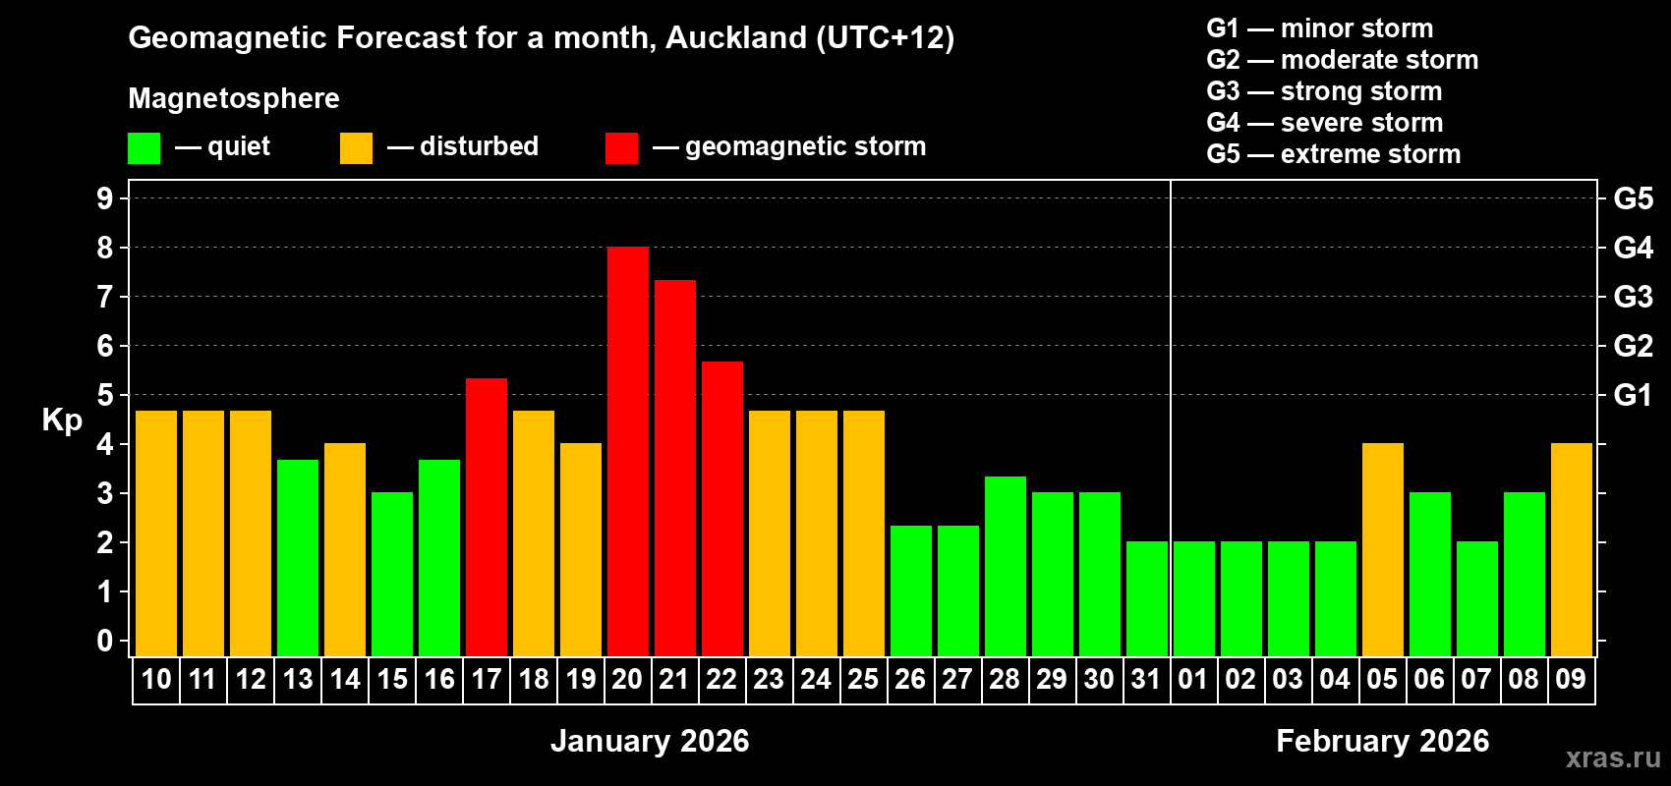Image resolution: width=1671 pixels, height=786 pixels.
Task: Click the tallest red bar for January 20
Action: click(x=627, y=452)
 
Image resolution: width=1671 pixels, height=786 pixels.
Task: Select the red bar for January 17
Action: click(x=486, y=517)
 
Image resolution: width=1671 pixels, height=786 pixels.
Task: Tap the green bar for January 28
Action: click(x=1005, y=566)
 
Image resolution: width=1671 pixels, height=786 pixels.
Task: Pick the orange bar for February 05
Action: click(x=1382, y=549)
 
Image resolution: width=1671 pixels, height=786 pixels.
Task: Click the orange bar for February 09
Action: click(x=1571, y=549)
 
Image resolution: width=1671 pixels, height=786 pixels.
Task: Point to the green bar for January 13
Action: click(x=297, y=558)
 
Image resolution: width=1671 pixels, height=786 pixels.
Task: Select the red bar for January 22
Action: click(x=721, y=509)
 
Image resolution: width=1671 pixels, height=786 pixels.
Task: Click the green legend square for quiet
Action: click(x=144, y=148)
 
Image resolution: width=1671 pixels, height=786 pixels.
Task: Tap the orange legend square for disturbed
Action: click(x=356, y=148)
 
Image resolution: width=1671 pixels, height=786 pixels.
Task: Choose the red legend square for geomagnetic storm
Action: click(x=621, y=148)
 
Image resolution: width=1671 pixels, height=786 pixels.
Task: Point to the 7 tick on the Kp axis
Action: click(x=105, y=297)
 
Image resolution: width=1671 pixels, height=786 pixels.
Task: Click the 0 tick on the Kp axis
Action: click(x=105, y=642)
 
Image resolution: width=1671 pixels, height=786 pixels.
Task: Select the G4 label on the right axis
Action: click(x=1633, y=248)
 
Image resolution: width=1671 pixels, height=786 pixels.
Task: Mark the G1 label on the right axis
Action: click(x=1633, y=395)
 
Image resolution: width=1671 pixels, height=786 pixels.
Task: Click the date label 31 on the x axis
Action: click(x=1146, y=679)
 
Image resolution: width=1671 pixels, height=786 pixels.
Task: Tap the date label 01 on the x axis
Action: click(x=1192, y=679)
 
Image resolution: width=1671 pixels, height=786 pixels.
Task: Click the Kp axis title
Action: click(x=62, y=421)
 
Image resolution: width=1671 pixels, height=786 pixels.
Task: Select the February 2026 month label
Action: click(x=1382, y=741)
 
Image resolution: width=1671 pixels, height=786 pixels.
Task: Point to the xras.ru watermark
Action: click(x=1613, y=757)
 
